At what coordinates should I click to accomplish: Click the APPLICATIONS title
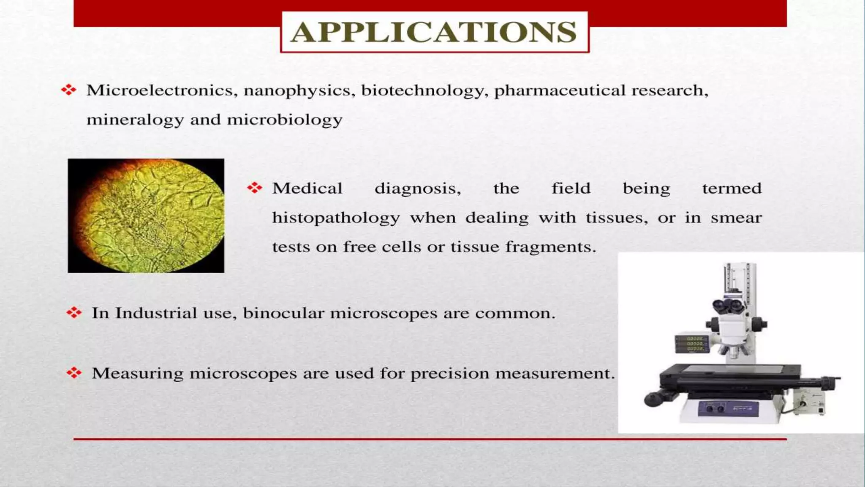tap(434, 32)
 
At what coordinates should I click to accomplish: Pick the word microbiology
tap(285, 120)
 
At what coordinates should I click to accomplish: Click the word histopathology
tap(336, 218)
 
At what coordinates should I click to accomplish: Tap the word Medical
tap(307, 189)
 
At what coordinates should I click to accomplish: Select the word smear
tap(736, 218)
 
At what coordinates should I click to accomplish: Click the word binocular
tap(284, 313)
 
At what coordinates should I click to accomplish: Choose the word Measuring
tap(138, 374)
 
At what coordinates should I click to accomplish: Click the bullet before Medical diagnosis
tap(255, 188)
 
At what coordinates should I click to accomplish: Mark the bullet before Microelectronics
tap(68, 90)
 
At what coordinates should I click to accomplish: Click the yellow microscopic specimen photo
tap(146, 216)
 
